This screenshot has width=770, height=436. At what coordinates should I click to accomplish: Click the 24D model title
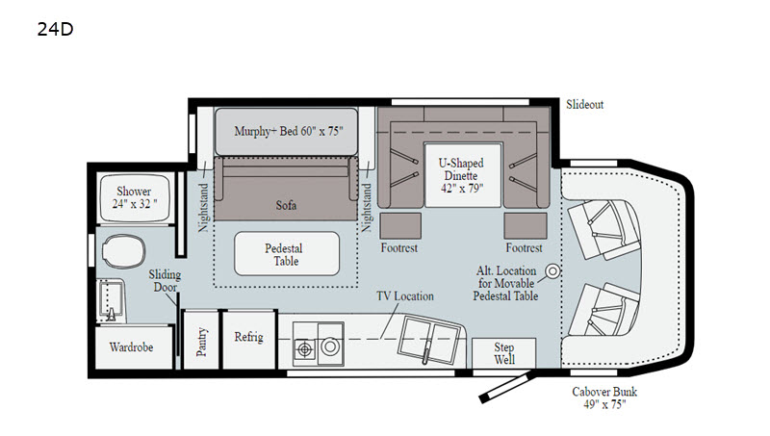pyautogui.click(x=55, y=30)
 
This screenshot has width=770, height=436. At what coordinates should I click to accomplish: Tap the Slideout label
pyautogui.click(x=584, y=104)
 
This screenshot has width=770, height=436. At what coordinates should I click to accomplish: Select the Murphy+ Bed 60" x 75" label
pyautogui.click(x=289, y=131)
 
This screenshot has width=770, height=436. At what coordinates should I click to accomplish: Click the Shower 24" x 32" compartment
pyautogui.click(x=135, y=197)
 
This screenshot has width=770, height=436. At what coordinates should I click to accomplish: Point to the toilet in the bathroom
pyautogui.click(x=124, y=251)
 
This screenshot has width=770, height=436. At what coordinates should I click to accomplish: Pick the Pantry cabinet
pyautogui.click(x=201, y=340)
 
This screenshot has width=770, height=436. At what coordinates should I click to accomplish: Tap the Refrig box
pyautogui.click(x=249, y=339)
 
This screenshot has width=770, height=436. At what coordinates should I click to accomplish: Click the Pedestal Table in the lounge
pyautogui.click(x=287, y=254)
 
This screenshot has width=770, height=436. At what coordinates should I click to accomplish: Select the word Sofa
pyautogui.click(x=286, y=205)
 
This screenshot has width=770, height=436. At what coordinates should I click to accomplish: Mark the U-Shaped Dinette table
pyautogui.click(x=463, y=175)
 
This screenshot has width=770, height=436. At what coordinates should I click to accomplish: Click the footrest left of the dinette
pyautogui.click(x=400, y=226)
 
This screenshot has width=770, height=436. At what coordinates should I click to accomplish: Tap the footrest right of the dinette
pyautogui.click(x=526, y=226)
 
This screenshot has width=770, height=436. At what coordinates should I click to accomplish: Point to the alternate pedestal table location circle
pyautogui.click(x=553, y=271)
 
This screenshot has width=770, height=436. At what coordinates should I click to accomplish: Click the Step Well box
pyautogui.click(x=503, y=353)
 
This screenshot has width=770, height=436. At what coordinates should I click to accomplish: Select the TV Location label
pyautogui.click(x=405, y=296)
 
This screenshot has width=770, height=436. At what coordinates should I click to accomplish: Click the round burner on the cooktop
pyautogui.click(x=330, y=346)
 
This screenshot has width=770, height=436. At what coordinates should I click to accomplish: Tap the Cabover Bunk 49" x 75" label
pyautogui.click(x=604, y=398)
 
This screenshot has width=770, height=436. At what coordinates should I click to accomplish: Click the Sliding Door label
pyautogui.click(x=165, y=281)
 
